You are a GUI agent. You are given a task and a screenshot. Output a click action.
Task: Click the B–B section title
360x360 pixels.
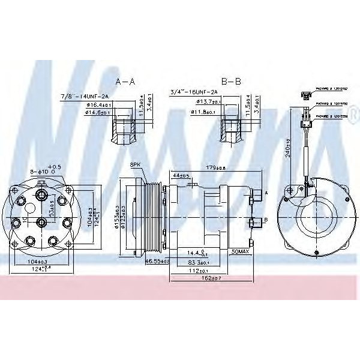point(232,80)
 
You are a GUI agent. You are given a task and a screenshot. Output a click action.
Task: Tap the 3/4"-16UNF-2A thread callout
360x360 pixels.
point(191,92)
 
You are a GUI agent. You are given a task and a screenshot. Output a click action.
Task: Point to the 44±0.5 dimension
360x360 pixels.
point(181,175)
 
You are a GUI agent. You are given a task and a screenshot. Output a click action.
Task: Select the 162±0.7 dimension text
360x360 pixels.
point(211,278)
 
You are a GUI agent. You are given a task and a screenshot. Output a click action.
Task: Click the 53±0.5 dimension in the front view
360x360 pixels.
point(53,211)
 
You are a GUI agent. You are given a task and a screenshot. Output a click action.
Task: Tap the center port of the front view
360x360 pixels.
point(41,223)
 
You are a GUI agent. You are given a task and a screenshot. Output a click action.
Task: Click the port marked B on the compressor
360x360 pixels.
point(253,222)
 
